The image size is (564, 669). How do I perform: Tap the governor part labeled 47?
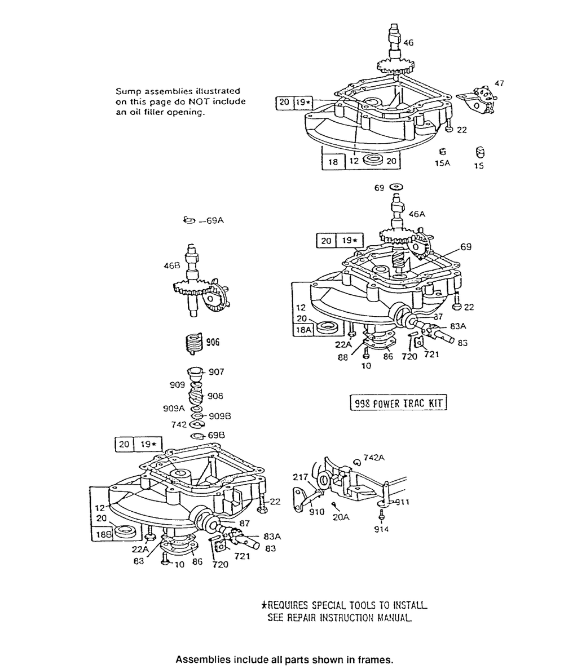point(477,99)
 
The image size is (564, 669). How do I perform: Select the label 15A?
point(443,166)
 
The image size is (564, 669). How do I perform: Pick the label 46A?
point(417,214)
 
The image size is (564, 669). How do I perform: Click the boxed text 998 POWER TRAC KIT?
point(398,404)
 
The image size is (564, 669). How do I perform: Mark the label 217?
point(300,477)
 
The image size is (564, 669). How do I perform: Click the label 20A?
point(340,515)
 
